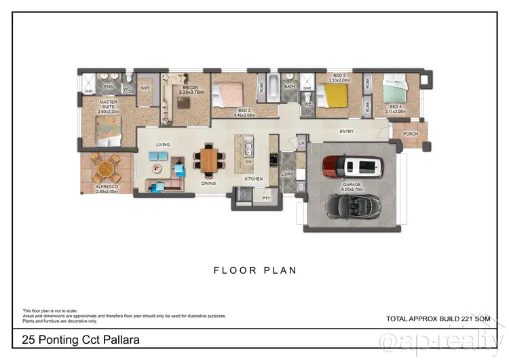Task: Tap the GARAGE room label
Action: (x=352, y=185)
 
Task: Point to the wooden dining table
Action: (x=210, y=160)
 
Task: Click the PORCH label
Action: (x=411, y=134)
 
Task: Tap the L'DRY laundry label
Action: (x=286, y=175)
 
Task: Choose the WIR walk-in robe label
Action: (x=145, y=88)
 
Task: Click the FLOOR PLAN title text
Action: (x=255, y=270)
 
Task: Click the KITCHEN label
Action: (x=253, y=179)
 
